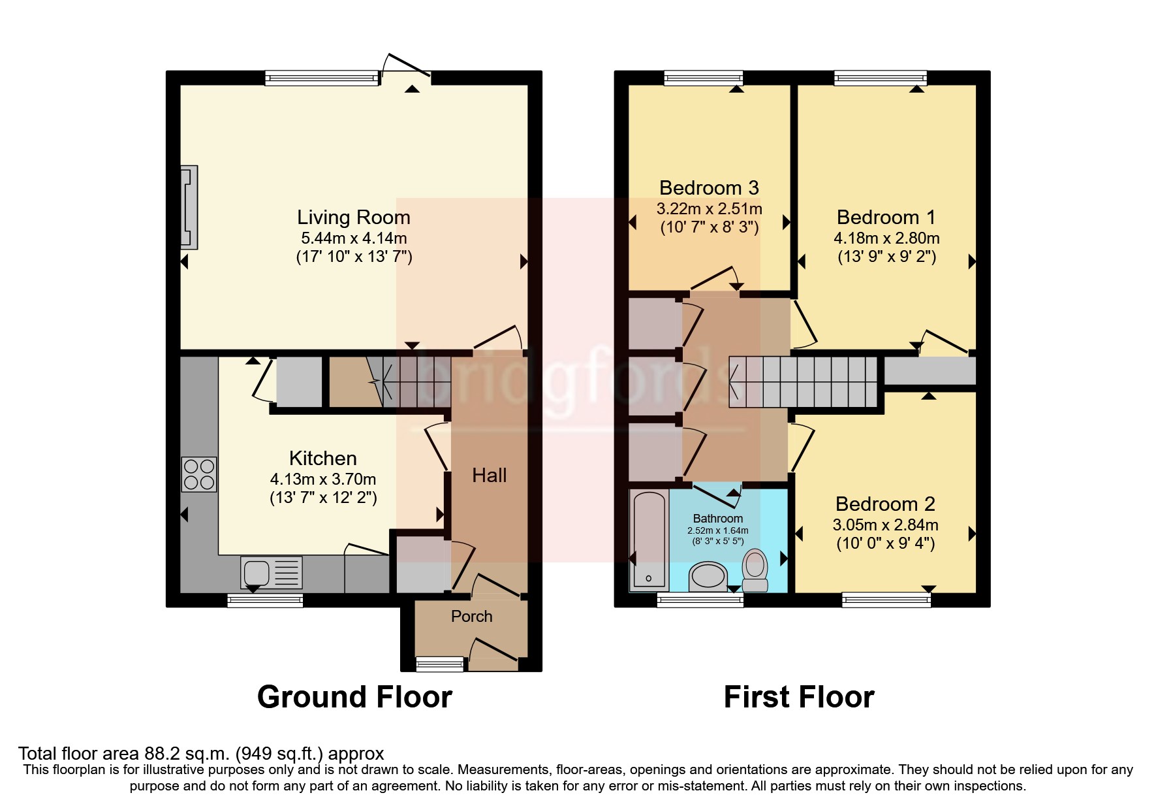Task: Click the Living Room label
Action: tap(353, 218)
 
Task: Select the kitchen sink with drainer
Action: tap(271, 573)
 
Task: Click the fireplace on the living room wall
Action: tap(189, 207)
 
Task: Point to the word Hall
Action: tap(489, 476)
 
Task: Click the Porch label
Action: tap(471, 617)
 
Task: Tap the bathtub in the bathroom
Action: tap(648, 540)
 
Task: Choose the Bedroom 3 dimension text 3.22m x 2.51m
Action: tap(709, 209)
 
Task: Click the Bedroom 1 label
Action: tap(886, 218)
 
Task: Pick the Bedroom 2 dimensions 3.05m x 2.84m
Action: tap(885, 525)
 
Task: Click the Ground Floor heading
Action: tap(354, 697)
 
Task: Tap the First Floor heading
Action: tap(798, 697)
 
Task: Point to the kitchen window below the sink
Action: tap(265, 600)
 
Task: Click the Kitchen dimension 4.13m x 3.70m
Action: tap(323, 479)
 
